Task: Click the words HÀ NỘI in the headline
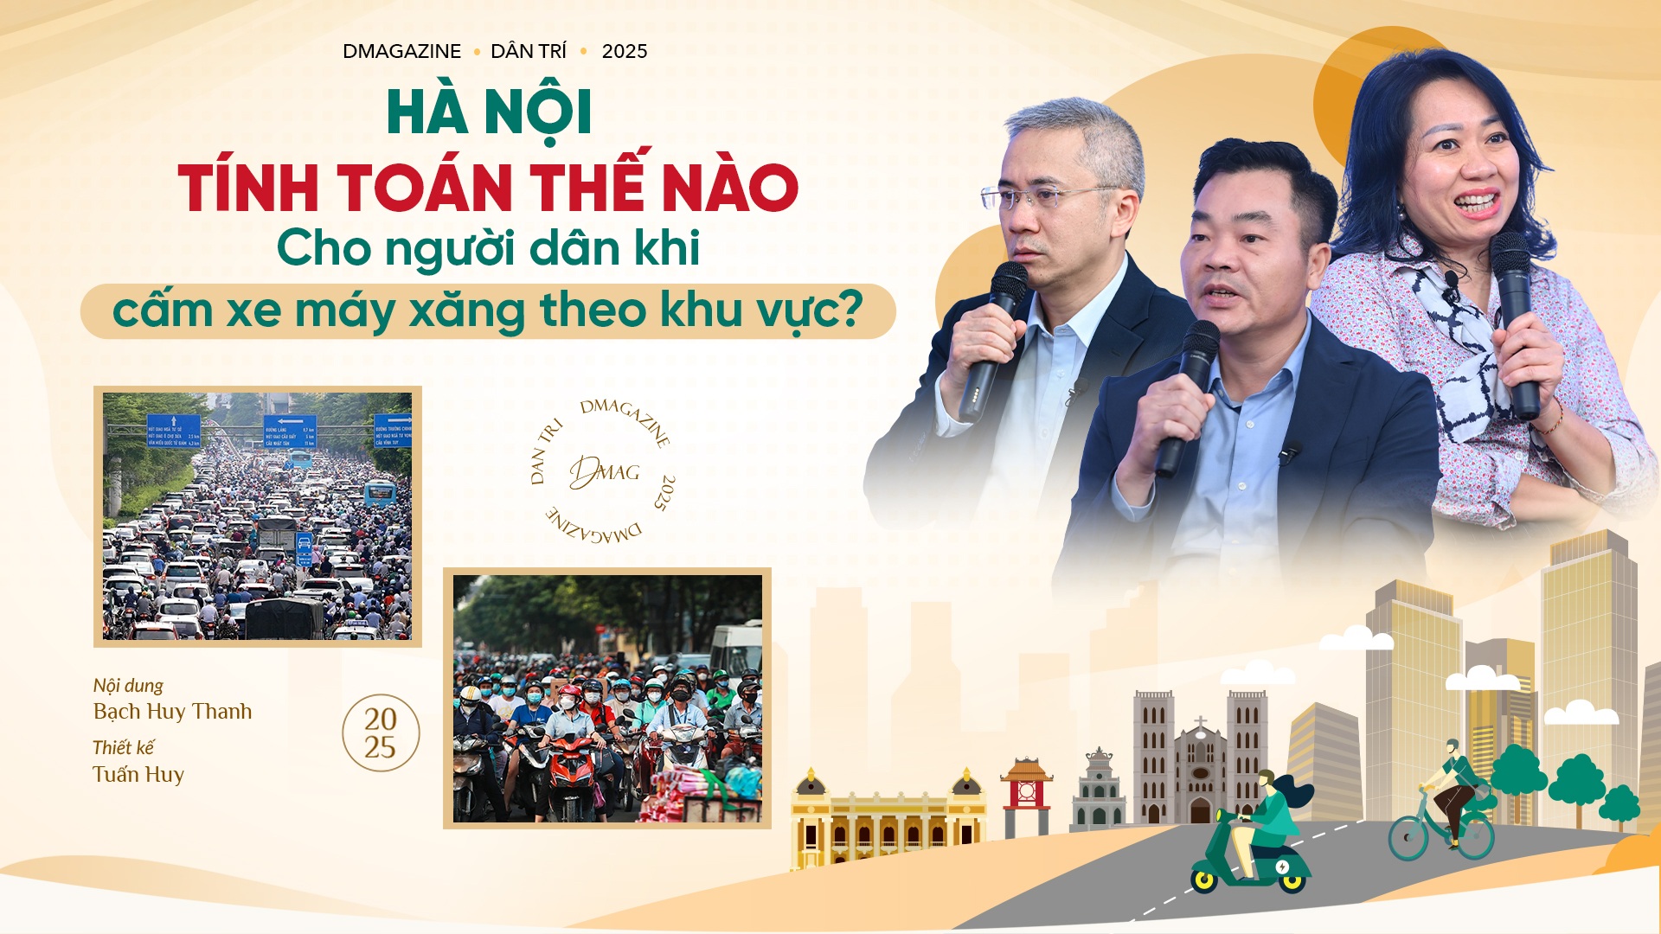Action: (489, 113)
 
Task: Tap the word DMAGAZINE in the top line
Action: (401, 52)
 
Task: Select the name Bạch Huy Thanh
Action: (172, 712)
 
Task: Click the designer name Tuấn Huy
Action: (138, 775)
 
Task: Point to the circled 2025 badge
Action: (381, 733)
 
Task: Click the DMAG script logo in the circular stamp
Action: (604, 472)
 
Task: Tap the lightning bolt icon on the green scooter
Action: (1282, 867)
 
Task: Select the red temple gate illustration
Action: (1026, 792)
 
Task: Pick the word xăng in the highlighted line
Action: (466, 311)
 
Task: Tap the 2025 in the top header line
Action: (624, 52)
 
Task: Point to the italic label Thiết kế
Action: (124, 748)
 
